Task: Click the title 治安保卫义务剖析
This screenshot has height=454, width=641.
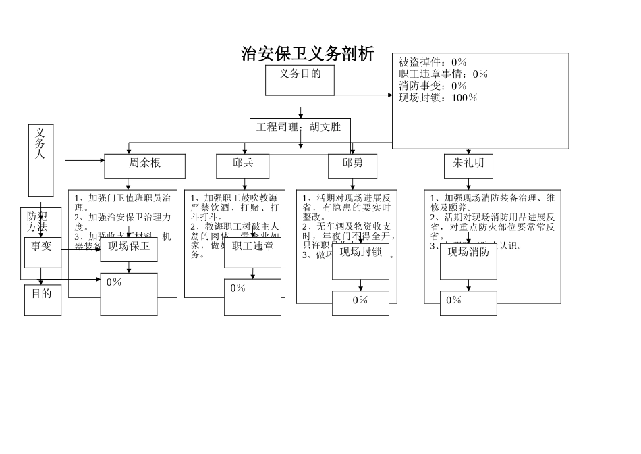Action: pos(308,54)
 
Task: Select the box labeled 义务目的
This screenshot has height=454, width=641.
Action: pos(300,79)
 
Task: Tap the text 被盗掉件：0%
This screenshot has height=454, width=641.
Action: pos(432,62)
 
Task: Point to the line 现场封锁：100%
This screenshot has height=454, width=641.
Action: pos(438,98)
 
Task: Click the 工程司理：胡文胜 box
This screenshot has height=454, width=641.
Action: pos(299,128)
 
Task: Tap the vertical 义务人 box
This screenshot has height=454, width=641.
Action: pos(40,159)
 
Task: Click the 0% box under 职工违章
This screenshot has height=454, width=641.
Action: pos(253,297)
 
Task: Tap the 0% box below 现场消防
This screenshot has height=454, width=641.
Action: pos(468,303)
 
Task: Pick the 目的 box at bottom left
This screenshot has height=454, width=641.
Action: pos(42,299)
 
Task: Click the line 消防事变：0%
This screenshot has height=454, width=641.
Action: pos(433,86)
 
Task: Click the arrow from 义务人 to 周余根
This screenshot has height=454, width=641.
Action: pos(84,161)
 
